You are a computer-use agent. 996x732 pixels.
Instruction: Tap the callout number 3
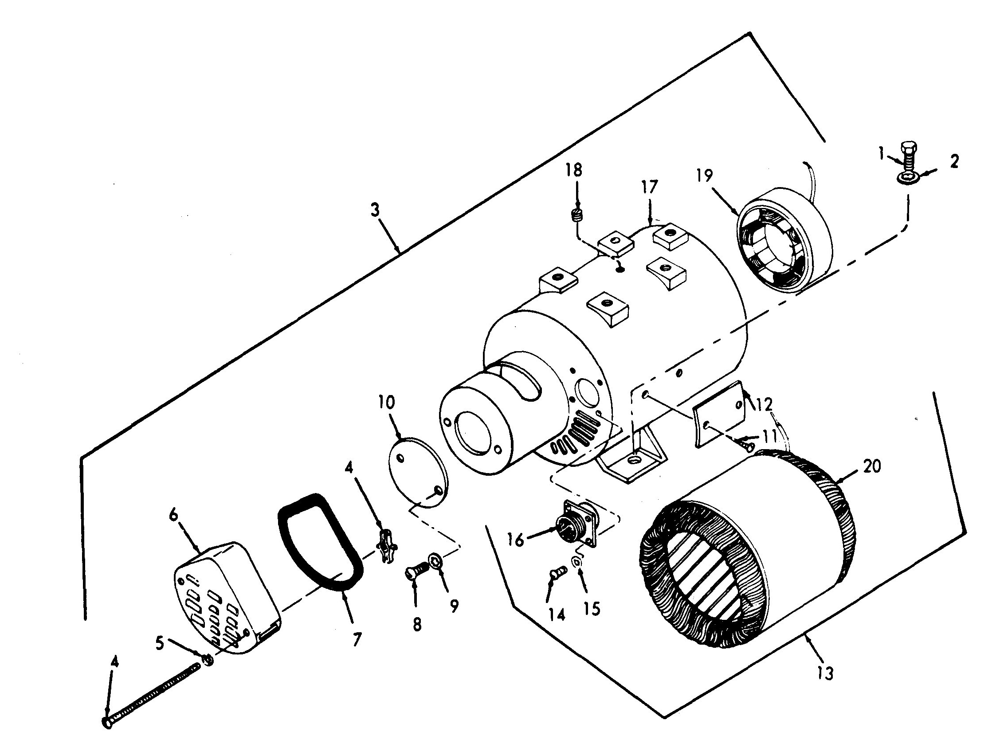click(376, 210)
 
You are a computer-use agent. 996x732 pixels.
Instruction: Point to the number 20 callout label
click(872, 466)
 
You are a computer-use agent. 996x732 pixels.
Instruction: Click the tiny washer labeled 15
click(578, 563)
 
